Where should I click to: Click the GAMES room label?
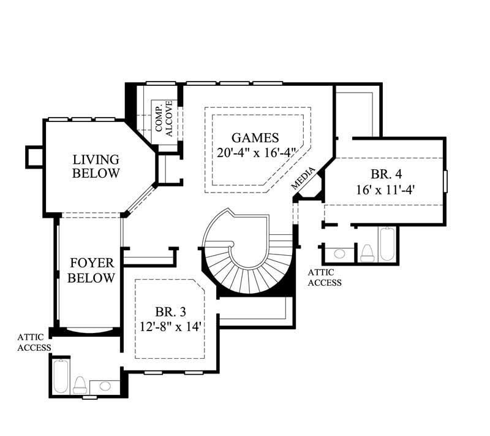(255, 137)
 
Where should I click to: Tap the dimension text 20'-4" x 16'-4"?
(257, 152)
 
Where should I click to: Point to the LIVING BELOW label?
(96, 166)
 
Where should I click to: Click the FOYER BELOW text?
(91, 270)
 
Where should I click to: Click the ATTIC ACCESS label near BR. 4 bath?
(324, 277)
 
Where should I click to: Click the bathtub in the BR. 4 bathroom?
(388, 244)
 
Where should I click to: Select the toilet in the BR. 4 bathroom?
(367, 252)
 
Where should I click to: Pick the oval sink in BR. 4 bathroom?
(340, 253)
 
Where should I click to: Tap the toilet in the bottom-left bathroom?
(80, 384)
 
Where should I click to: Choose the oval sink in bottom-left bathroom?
(105, 386)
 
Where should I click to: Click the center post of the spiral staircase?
(231, 246)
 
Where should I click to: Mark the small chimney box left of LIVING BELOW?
(33, 157)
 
